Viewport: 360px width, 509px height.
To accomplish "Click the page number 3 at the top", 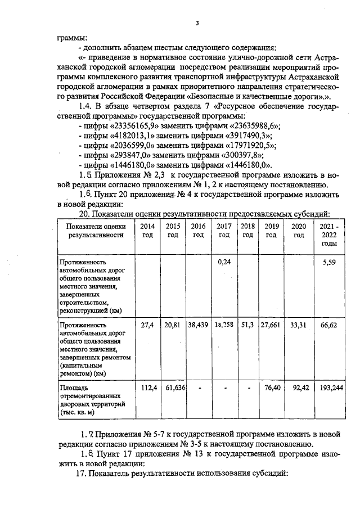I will tap(197, 22).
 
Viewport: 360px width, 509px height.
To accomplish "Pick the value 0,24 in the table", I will tap(224, 262).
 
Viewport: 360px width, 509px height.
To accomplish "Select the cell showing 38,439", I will tap(198, 325).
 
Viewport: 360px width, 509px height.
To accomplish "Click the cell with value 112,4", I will tap(147, 388).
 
